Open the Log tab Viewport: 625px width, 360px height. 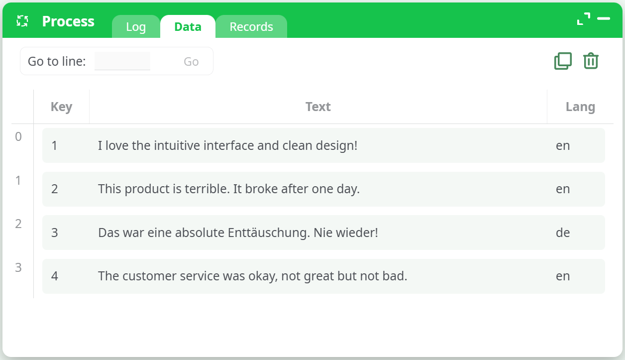coord(136,27)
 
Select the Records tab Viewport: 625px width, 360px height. coord(251,27)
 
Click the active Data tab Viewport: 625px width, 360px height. coord(188,27)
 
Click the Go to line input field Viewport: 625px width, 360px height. coord(122,61)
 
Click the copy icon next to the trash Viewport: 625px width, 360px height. coord(563,61)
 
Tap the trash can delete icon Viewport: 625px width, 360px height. coord(591,61)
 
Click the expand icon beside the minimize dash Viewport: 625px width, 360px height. coord(583,19)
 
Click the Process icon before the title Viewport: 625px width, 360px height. coord(22,21)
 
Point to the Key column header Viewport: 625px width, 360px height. coord(61,107)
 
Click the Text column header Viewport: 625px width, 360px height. coord(318,107)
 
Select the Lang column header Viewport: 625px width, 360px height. coord(580,107)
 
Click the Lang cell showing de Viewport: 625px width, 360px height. coord(563,233)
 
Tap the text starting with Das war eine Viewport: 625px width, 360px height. coord(238,233)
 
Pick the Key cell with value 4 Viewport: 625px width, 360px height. coord(55,276)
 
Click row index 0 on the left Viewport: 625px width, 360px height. coord(18,136)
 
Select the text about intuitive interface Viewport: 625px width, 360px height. coord(227,146)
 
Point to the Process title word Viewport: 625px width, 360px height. coord(68,21)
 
